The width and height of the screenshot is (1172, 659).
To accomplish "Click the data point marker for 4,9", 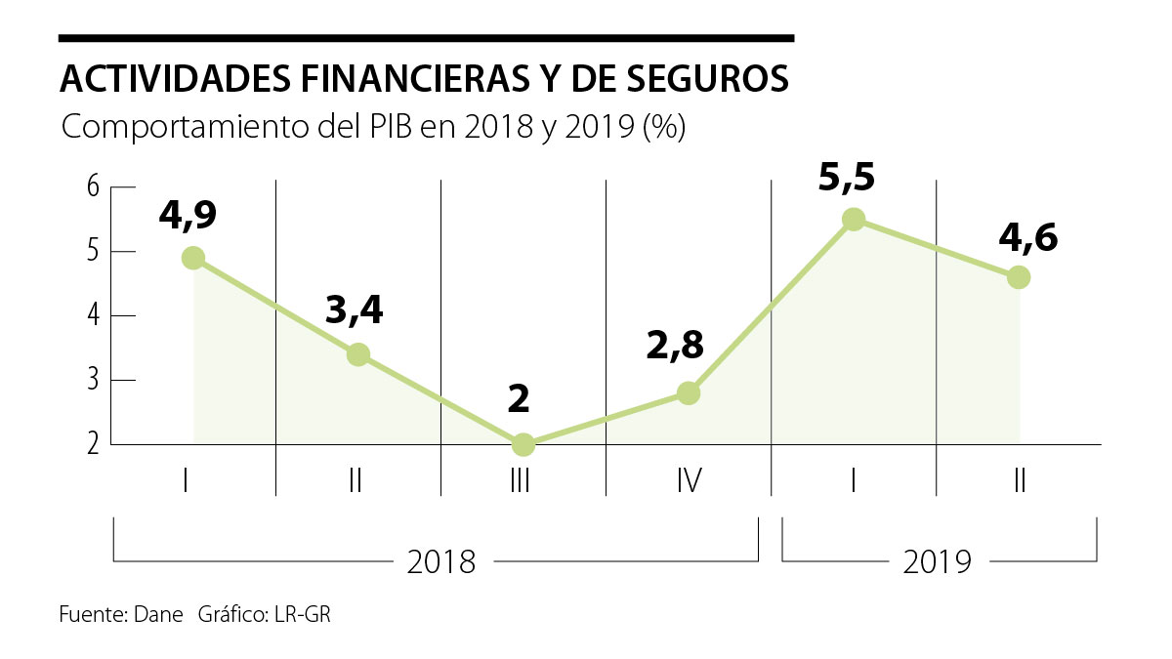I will pos(193,258).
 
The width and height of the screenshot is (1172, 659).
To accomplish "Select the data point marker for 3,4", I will pos(358,354).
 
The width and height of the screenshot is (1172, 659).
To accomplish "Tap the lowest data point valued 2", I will pos(523,444).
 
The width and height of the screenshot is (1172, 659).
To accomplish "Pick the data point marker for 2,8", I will pos(689,392).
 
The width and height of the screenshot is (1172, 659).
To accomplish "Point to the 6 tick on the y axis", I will pos(94,186).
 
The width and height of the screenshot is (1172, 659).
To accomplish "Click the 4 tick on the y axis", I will pos(94,315).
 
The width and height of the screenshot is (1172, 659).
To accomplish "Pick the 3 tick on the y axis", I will pos(94,380).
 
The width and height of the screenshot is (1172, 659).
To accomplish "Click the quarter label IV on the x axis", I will pos(688,480).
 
